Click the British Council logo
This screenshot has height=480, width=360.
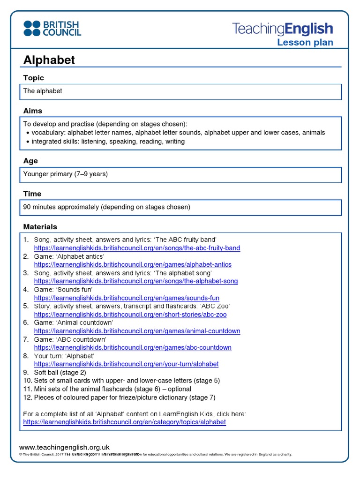(x=52, y=28)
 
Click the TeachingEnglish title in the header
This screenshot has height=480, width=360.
(x=283, y=29)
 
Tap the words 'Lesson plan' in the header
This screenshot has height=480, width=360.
(x=305, y=43)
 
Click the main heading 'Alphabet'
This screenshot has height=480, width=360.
(x=49, y=60)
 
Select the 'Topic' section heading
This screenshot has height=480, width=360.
(x=34, y=78)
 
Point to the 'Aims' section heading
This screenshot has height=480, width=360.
(x=33, y=111)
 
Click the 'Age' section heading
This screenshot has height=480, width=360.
(x=30, y=161)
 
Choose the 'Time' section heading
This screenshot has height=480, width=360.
(x=32, y=194)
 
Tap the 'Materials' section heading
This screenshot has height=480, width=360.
(x=40, y=226)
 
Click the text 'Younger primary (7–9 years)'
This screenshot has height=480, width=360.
(x=66, y=174)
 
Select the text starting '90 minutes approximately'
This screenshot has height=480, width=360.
(x=107, y=207)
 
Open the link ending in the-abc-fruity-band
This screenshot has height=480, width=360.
(x=137, y=248)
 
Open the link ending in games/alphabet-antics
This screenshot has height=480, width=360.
(x=133, y=264)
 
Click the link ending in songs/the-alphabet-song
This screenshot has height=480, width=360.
(x=136, y=281)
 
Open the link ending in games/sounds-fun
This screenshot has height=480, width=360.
(x=127, y=298)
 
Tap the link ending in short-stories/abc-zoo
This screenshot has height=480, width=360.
(x=130, y=315)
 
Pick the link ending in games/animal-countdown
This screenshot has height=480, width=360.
(x=137, y=331)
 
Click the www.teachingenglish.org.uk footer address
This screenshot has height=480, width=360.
(x=64, y=448)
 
